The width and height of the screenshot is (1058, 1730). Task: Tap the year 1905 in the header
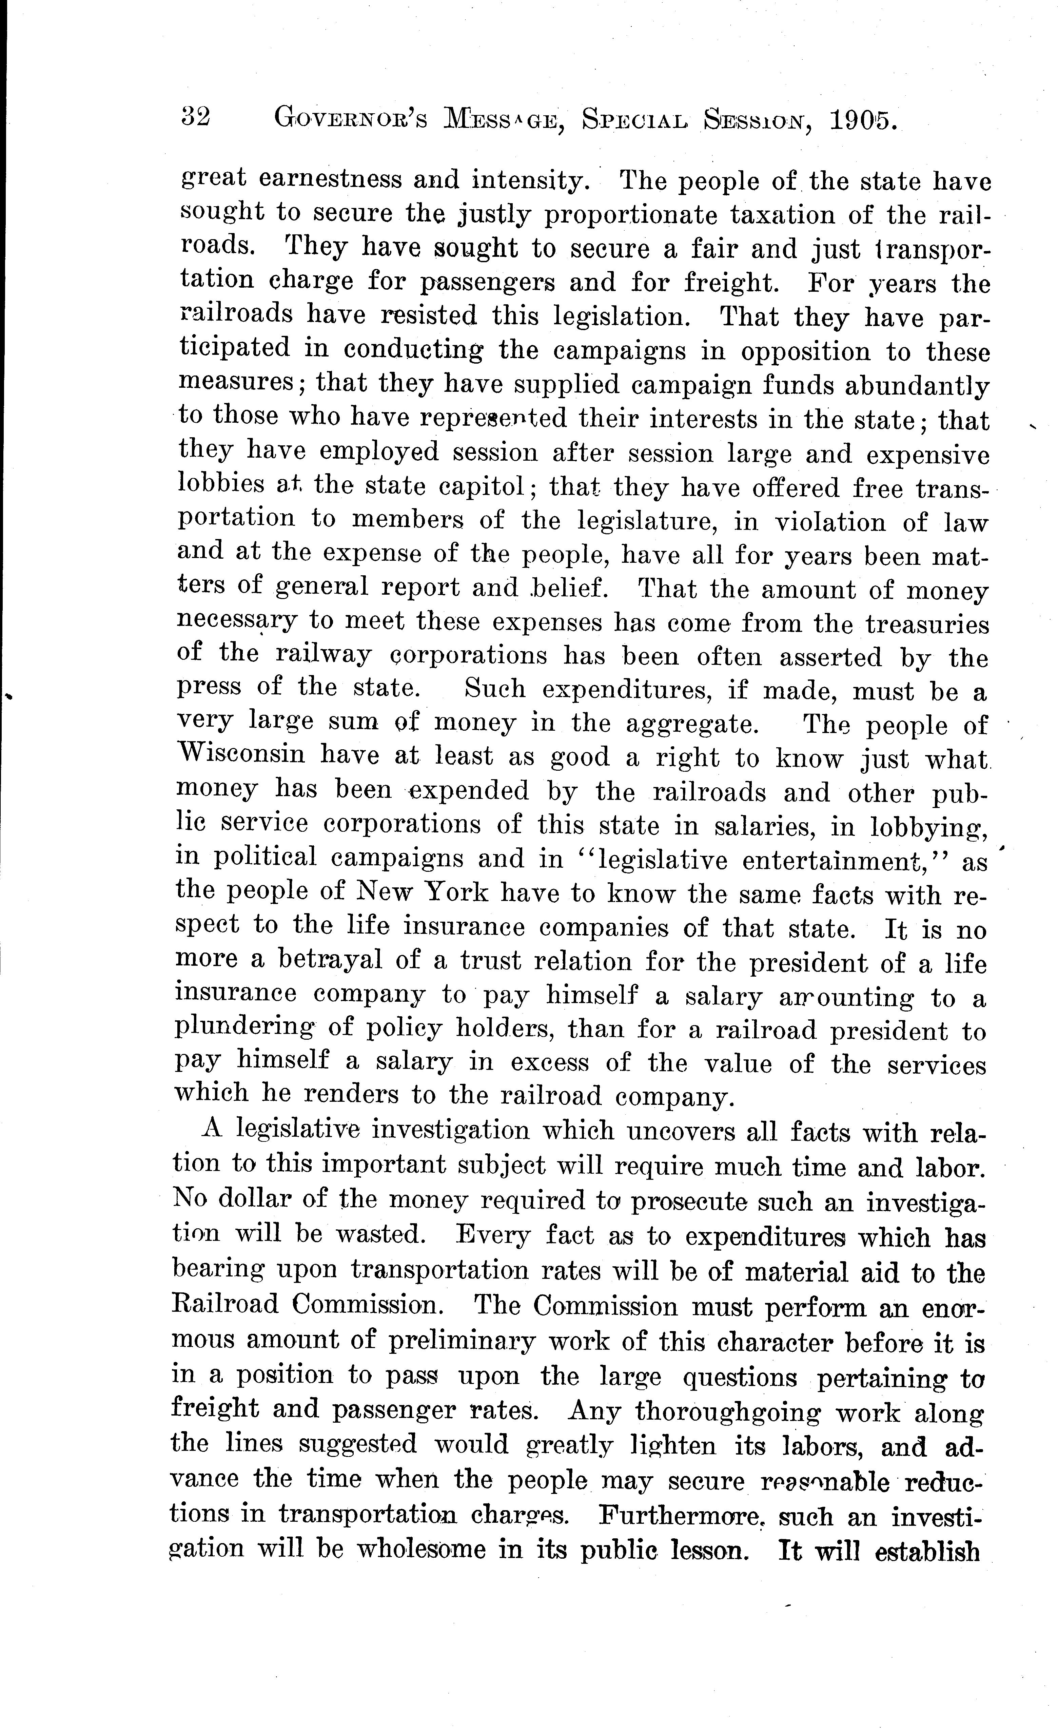[x=862, y=121]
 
